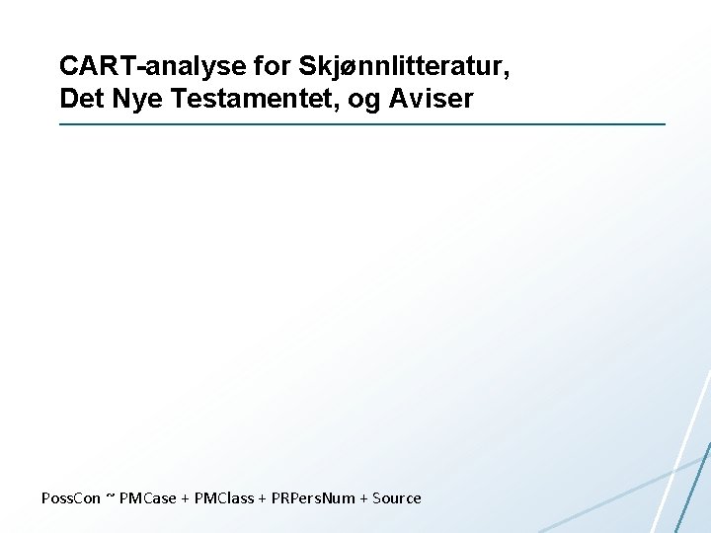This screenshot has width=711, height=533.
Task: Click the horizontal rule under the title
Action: [x=362, y=124]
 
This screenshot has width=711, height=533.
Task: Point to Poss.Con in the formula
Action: [x=71, y=498]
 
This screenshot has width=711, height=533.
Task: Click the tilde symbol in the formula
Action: [x=110, y=498]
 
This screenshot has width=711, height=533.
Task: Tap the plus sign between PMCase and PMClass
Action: [x=186, y=498]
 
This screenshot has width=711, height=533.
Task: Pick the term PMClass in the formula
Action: [x=223, y=498]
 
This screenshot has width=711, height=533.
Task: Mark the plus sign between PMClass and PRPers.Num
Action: [x=263, y=498]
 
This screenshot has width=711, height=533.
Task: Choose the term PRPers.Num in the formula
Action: [x=313, y=498]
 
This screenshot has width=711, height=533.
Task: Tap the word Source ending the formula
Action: [x=397, y=498]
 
